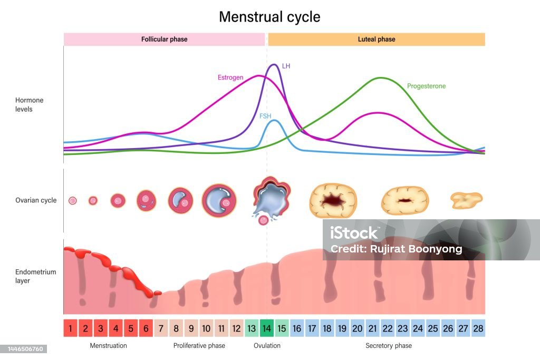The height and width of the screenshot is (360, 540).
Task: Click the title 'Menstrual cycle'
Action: [269, 17]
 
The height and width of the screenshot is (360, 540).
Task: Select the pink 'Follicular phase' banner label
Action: [164, 39]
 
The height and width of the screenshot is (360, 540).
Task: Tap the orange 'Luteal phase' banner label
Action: [376, 39]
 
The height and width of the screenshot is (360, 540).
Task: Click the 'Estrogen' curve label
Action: [230, 77]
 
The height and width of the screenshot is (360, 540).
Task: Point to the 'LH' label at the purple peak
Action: [286, 66]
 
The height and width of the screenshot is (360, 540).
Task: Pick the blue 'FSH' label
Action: [265, 116]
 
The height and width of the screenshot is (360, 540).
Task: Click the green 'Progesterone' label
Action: [426, 86]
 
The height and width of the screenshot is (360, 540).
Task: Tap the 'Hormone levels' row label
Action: [30, 104]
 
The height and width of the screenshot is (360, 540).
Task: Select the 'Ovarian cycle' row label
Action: [36, 200]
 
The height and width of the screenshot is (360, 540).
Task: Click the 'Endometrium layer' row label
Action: [35, 276]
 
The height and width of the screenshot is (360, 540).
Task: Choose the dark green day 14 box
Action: [267, 328]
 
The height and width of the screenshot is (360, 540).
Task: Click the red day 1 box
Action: [71, 328]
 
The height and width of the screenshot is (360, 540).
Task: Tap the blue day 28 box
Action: [478, 328]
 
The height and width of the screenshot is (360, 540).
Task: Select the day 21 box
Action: [372, 328]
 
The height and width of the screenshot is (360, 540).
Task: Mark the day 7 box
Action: [161, 328]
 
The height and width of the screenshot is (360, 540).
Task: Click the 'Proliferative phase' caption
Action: [199, 346]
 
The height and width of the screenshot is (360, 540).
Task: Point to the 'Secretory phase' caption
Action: [389, 346]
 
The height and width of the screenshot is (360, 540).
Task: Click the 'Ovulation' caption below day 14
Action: [267, 346]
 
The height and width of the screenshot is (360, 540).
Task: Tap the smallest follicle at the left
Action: [73, 200]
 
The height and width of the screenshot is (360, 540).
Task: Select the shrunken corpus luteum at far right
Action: [466, 199]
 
